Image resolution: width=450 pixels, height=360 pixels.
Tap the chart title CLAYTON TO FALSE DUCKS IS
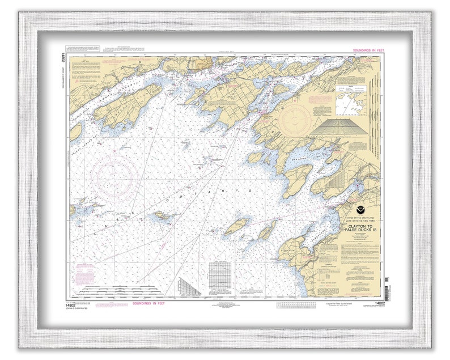(x=357, y=230)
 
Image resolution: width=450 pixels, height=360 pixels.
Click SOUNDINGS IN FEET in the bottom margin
(x=149, y=303)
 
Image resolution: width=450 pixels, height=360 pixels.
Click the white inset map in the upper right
(x=354, y=98)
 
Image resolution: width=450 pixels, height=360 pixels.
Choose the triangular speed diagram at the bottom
(x=189, y=286)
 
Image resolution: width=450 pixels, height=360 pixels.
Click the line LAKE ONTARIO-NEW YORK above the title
(x=357, y=222)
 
